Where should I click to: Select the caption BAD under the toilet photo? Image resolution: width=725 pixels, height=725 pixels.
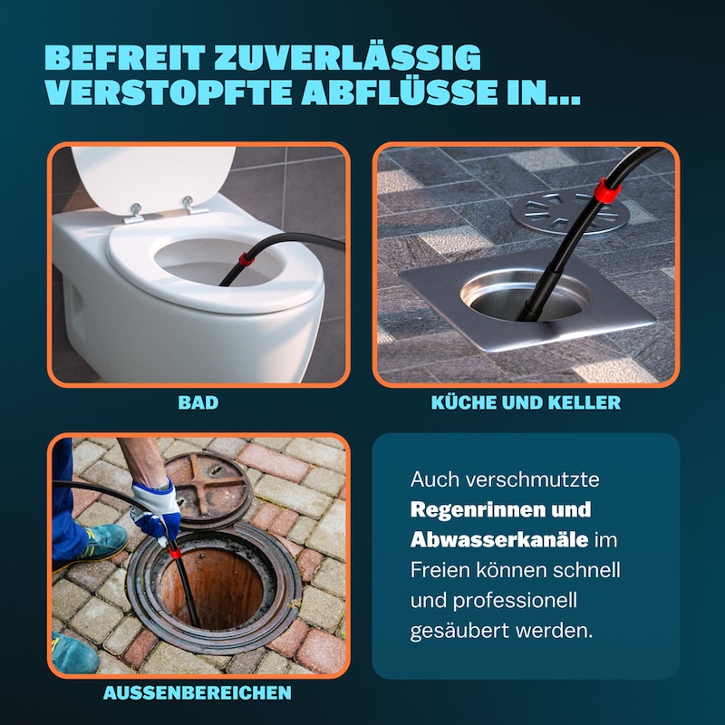pyautogui.click(x=198, y=402)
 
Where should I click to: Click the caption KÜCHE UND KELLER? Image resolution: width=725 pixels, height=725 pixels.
pyautogui.click(x=526, y=402)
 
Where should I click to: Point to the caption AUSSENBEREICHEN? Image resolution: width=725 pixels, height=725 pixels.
pyautogui.click(x=198, y=693)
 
